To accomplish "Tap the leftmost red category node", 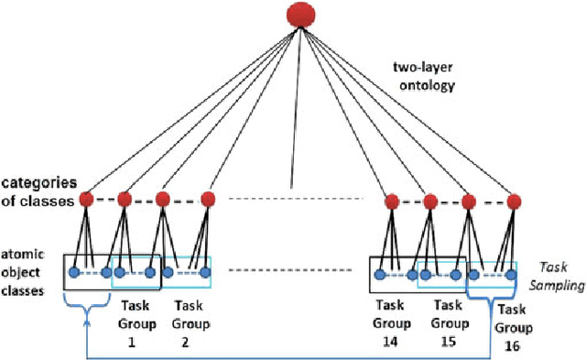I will [86, 199].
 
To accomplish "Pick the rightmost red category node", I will [514, 199].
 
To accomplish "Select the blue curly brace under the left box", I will [87, 299].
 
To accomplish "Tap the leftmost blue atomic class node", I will [72, 271].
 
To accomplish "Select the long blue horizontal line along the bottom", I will [293, 355].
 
